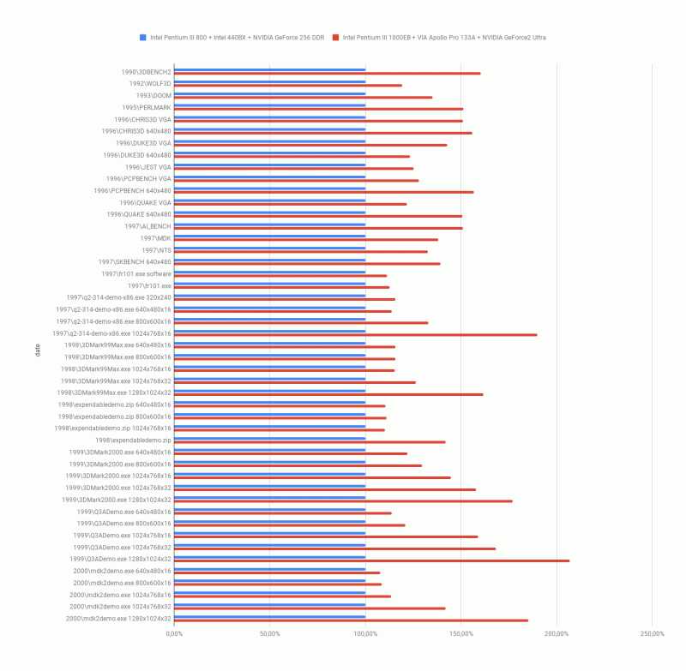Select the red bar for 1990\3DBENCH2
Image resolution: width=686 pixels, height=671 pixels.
click(327, 74)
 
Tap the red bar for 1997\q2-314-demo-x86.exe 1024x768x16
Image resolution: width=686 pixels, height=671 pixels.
click(355, 335)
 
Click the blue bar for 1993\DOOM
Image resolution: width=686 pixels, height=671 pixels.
click(269, 93)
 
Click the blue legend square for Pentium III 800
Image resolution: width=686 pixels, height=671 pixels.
click(143, 38)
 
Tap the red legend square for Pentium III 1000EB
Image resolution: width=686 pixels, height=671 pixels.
click(337, 38)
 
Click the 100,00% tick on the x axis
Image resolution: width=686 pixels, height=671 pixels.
click(365, 634)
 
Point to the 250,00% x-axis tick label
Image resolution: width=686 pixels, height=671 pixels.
click(652, 634)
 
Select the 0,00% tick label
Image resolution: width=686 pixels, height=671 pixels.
click(174, 634)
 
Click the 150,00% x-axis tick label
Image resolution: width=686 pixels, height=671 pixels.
click(461, 634)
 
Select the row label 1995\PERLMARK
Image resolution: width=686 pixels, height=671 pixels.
click(146, 107)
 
